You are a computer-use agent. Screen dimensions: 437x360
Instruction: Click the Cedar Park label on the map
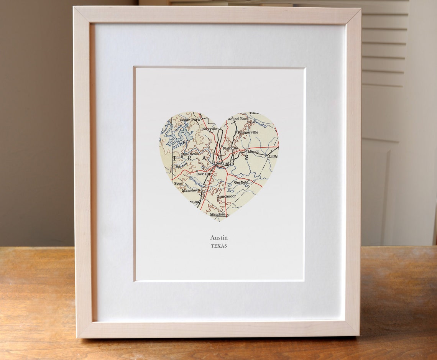click(190, 120)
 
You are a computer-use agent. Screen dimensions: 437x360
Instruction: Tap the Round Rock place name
click(238, 119)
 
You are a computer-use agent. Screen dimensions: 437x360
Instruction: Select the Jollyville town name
click(209, 129)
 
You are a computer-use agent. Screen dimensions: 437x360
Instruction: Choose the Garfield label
click(242, 182)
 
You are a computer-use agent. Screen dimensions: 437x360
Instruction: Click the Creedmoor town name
click(227, 197)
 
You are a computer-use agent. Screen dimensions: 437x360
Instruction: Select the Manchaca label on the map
click(191, 190)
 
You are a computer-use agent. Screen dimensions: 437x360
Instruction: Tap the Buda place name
click(195, 202)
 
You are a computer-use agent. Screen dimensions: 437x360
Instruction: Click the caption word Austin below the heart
click(219, 238)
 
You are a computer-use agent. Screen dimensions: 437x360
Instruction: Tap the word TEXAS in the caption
click(219, 246)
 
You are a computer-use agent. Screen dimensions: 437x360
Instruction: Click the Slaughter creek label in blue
click(196, 180)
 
